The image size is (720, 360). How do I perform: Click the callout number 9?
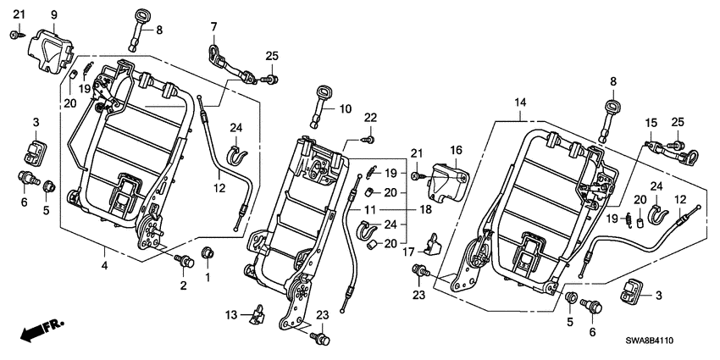point(54,14)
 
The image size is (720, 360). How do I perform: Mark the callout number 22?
point(370,116)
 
